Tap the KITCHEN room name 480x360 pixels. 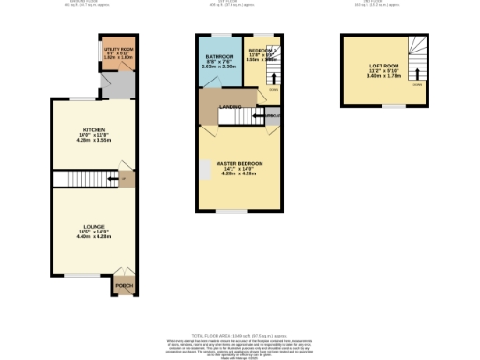coord(95,129)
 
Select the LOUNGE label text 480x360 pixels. coord(94,225)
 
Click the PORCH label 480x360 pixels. coord(123,285)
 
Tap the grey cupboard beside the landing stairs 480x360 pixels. coord(273,115)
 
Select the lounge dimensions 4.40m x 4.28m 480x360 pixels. coord(94,238)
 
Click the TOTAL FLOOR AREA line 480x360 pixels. coord(240,334)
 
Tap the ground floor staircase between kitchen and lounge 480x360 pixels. coord(82,179)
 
